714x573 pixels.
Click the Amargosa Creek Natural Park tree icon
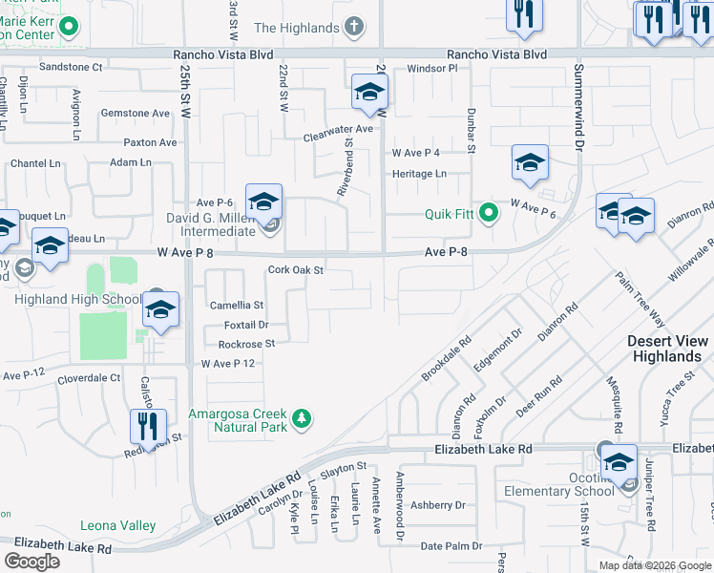click(x=302, y=418)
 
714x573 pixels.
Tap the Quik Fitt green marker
click(x=490, y=213)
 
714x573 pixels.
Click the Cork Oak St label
click(x=297, y=270)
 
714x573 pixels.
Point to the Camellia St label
click(x=236, y=306)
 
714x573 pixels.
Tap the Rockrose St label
click(x=246, y=344)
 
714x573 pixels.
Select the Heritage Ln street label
click(x=419, y=174)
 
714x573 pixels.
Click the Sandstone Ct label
click(x=70, y=67)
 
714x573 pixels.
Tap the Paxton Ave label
click(x=150, y=142)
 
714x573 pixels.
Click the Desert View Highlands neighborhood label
click(x=668, y=349)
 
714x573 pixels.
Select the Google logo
click(x=32, y=562)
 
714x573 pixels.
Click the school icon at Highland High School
click(x=160, y=309)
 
